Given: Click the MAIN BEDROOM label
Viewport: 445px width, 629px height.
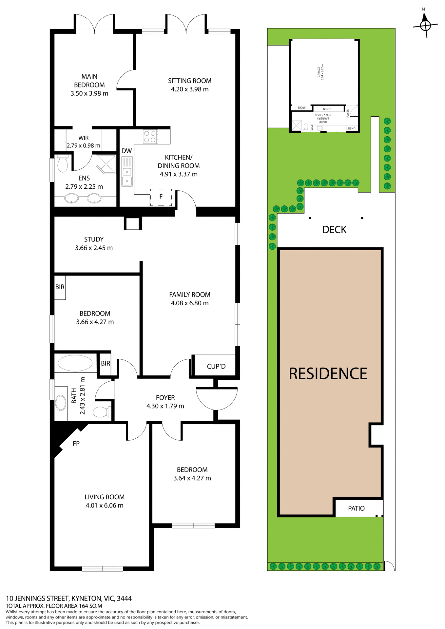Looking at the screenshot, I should (x=89, y=81).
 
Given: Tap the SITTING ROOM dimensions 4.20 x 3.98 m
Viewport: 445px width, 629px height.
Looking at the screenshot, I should (x=190, y=89).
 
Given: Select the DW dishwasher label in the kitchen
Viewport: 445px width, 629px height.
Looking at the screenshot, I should (x=126, y=151).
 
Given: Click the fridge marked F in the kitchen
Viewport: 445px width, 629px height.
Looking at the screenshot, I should (x=161, y=197).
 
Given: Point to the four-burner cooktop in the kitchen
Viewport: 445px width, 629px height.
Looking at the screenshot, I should (x=150, y=137).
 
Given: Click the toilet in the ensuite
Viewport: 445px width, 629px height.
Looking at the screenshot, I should (x=63, y=164).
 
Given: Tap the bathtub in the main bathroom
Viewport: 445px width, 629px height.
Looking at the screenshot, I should (x=75, y=363).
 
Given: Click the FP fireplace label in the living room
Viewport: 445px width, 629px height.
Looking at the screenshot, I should (x=76, y=444).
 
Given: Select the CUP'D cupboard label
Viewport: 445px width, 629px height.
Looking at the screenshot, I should (x=216, y=367).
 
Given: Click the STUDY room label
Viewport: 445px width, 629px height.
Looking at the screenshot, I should (x=94, y=239).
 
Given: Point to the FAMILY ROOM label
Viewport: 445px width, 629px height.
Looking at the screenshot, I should (x=190, y=295).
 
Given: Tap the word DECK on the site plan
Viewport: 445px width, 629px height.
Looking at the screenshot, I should (x=334, y=230).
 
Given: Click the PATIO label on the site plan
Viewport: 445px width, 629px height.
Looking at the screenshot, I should (x=356, y=508).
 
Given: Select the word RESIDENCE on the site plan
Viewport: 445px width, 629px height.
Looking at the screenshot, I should (x=328, y=373).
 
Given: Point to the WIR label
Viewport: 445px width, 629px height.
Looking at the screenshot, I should (x=84, y=138).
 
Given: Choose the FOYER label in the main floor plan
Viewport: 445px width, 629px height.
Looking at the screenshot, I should (x=165, y=398).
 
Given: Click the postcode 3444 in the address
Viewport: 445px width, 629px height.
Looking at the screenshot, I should (x=124, y=599).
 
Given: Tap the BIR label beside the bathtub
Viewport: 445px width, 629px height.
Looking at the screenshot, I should (x=106, y=363).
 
